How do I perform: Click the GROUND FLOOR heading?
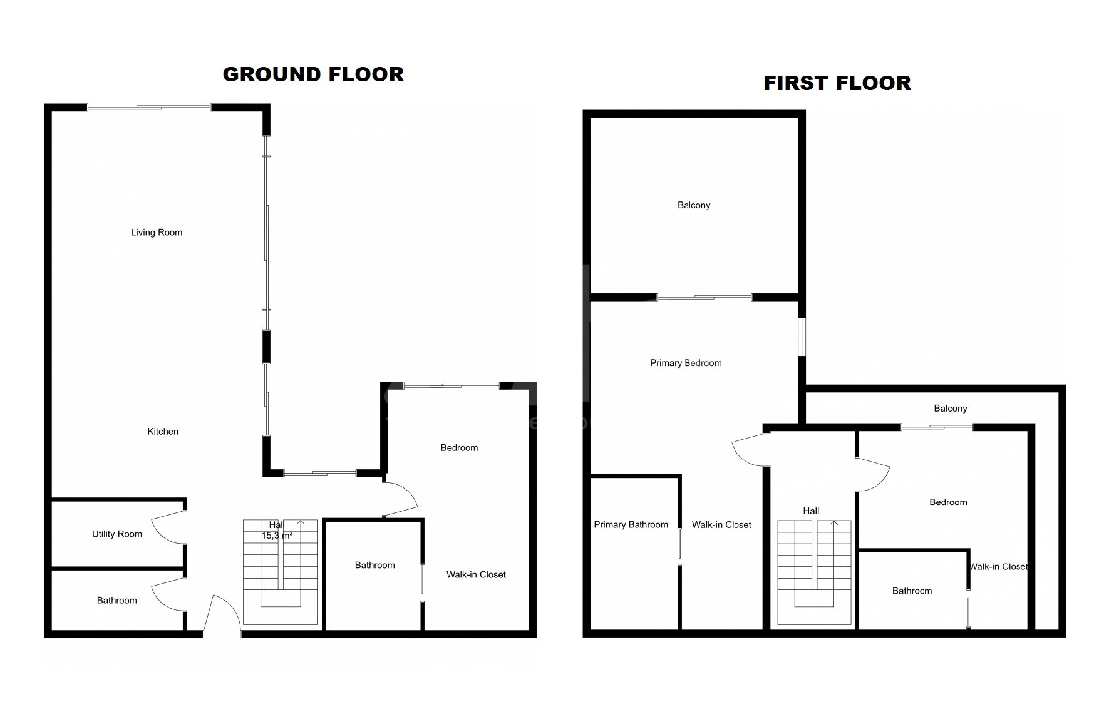(x=313, y=74)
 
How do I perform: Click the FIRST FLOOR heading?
(x=837, y=83)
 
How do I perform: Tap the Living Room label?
(x=157, y=233)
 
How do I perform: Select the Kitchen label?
(x=163, y=432)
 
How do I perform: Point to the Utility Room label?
(x=117, y=534)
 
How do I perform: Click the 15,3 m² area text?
(x=277, y=536)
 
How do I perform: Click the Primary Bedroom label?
(x=686, y=364)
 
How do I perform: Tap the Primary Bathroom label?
(x=631, y=525)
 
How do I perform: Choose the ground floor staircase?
(x=281, y=572)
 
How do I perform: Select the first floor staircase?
(x=815, y=572)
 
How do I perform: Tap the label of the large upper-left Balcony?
(x=694, y=205)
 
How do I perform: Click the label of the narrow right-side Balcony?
(x=951, y=409)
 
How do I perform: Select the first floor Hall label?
(x=811, y=511)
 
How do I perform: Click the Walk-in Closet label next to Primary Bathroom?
(x=721, y=525)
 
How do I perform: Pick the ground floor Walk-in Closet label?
(x=476, y=575)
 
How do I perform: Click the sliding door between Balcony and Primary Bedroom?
(x=704, y=297)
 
